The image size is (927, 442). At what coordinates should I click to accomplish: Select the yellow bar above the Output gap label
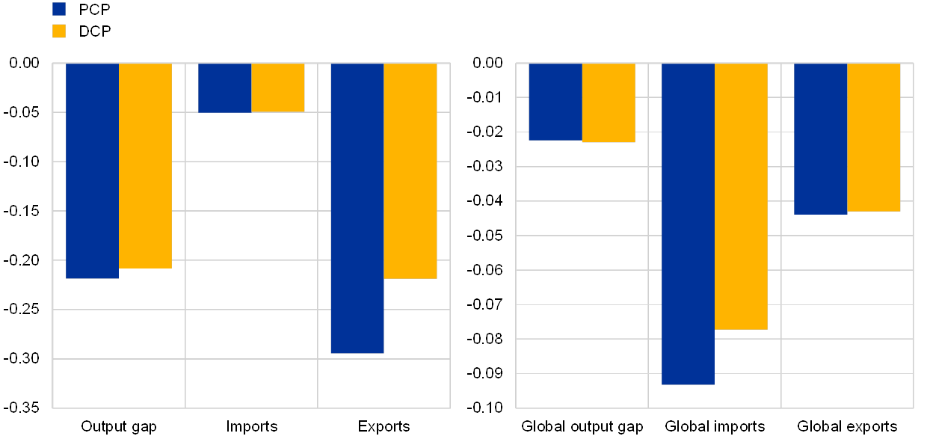pos(145,165)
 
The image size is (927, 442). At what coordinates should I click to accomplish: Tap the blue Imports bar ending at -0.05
pos(224,88)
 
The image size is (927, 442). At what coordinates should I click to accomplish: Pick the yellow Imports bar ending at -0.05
pos(278,88)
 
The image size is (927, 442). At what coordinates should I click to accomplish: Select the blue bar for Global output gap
pos(555,102)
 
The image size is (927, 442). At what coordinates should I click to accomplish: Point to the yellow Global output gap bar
pos(609,102)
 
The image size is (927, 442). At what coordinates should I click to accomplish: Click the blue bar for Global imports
pos(688,224)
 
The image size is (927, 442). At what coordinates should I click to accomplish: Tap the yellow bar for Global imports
pos(741,196)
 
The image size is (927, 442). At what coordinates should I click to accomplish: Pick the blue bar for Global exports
pos(820,138)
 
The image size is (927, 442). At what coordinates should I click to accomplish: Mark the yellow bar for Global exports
pos(873,137)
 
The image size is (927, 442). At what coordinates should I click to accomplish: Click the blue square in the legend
pos(59,9)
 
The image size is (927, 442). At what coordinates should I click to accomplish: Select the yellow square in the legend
pos(59,31)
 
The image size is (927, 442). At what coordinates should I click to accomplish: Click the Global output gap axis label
pos(582,427)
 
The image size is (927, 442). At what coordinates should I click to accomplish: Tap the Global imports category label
pos(715,427)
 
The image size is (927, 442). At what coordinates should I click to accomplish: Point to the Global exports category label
pos(847,427)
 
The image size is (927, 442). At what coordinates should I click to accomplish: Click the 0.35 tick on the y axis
pos(25,408)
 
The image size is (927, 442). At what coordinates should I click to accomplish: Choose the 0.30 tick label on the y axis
pos(25,359)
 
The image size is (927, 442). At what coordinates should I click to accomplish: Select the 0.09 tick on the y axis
pos(488,373)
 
